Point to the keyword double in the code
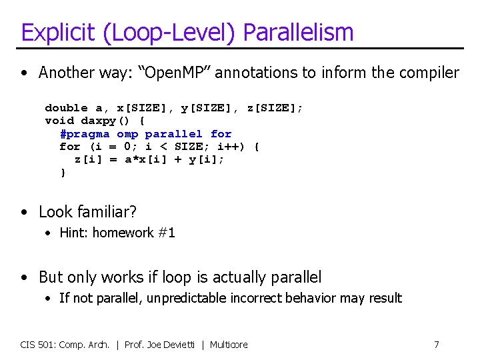coord(66,108)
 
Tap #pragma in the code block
coord(84,134)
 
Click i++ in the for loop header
coord(235,147)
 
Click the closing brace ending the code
coord(63,173)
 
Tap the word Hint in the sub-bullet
coord(73,233)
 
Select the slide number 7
coord(437,345)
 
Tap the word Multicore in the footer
coord(229,345)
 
